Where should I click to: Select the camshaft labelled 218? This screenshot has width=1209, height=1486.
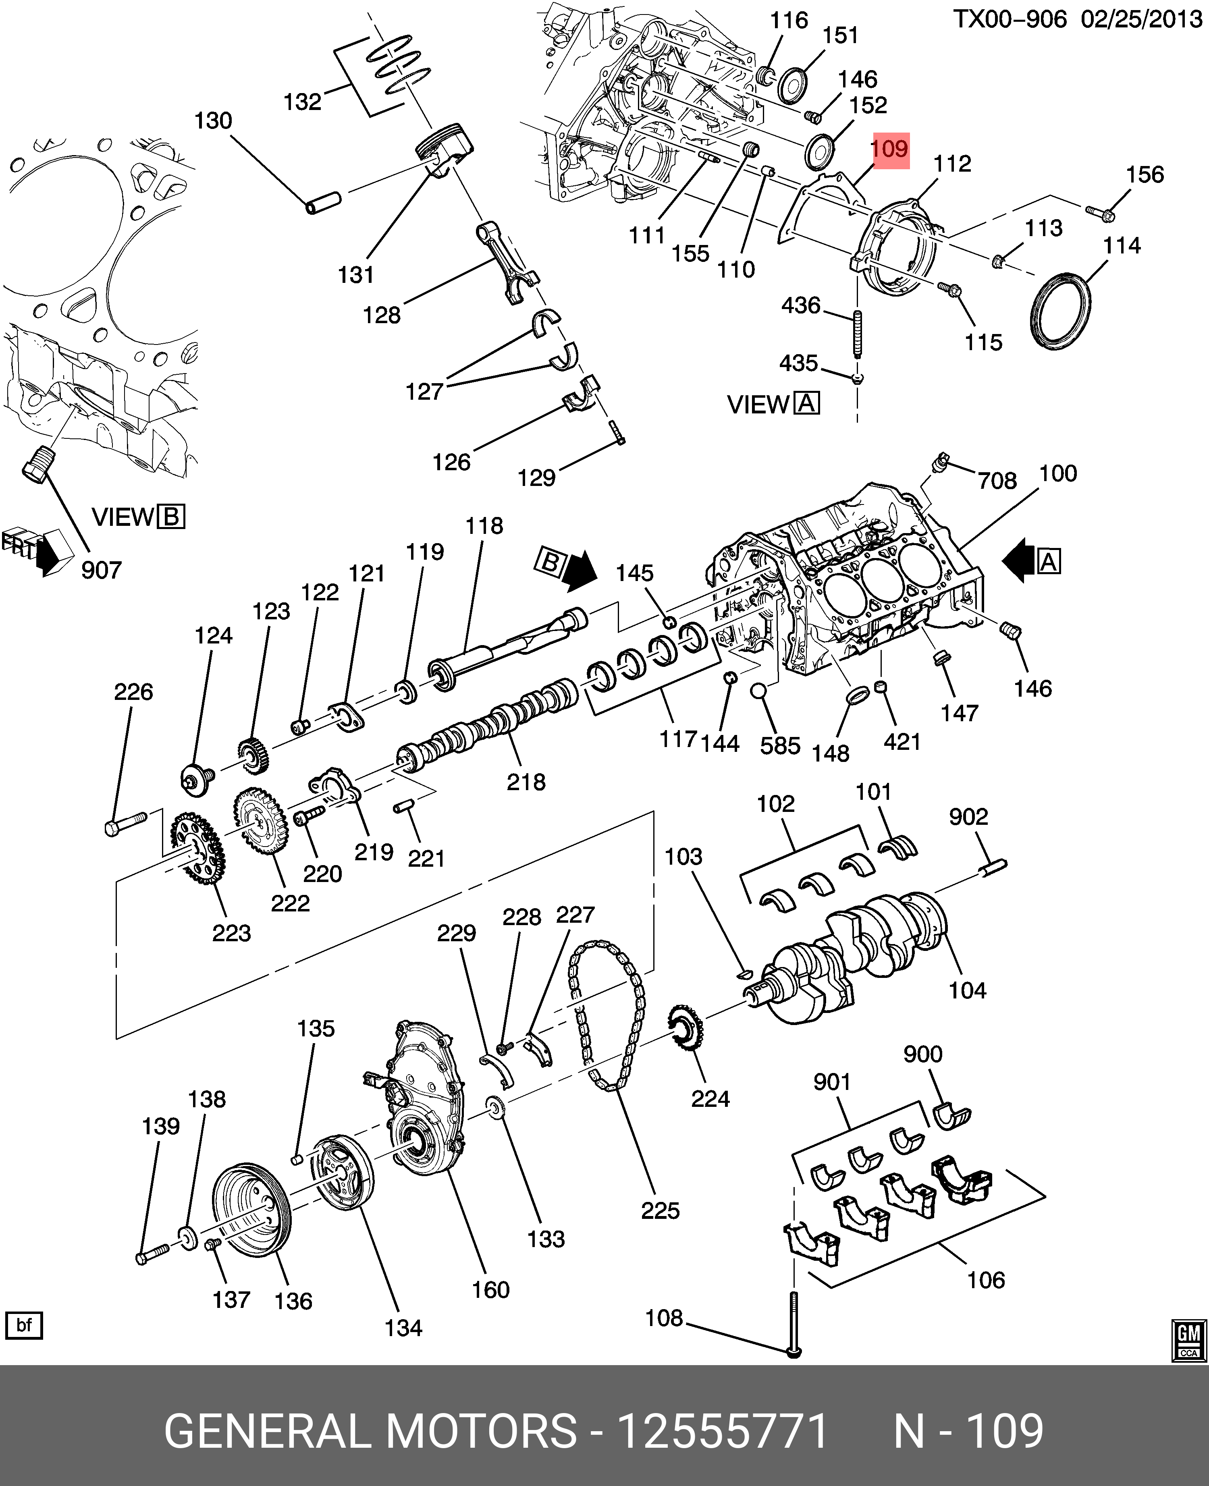pyautogui.click(x=488, y=724)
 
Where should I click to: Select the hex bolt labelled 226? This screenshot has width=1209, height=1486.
pyautogui.click(x=125, y=823)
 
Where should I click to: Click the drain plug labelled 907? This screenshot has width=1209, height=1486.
pyautogui.click(x=36, y=463)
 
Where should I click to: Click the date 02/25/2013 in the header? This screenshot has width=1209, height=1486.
pyautogui.click(x=1141, y=19)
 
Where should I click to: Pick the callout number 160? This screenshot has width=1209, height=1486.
pyautogui.click(x=490, y=1290)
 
